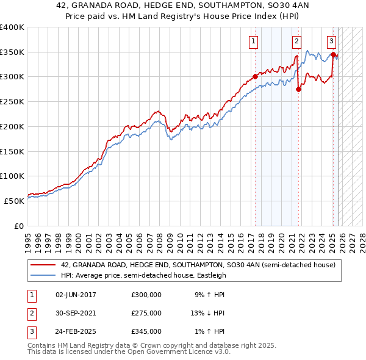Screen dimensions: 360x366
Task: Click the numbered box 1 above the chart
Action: [253, 41]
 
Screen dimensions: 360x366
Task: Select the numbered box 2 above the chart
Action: [296, 41]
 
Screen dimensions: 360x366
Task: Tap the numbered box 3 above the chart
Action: [331, 41]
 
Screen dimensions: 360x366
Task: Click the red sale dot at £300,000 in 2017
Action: [255, 77]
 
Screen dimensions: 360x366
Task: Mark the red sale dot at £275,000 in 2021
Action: [299, 89]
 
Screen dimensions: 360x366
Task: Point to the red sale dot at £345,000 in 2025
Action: [333, 54]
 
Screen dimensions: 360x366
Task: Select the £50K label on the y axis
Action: [15, 201]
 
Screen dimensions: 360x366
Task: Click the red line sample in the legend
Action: [43, 265]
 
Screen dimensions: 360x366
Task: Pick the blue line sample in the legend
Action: [43, 275]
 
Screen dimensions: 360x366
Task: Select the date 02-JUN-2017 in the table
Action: [76, 295]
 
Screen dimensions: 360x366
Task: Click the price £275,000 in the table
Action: [146, 313]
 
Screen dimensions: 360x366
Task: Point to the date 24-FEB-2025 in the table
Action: [76, 331]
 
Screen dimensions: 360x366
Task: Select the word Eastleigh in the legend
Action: [210, 275]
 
